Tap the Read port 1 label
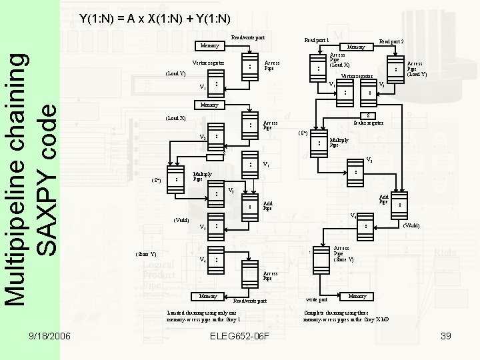(316, 40)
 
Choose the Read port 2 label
(391, 40)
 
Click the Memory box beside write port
(357, 295)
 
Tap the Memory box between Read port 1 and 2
(356, 47)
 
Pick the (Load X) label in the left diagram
(176, 119)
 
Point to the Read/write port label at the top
(247, 37)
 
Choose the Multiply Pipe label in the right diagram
(340, 143)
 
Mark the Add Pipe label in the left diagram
(267, 206)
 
